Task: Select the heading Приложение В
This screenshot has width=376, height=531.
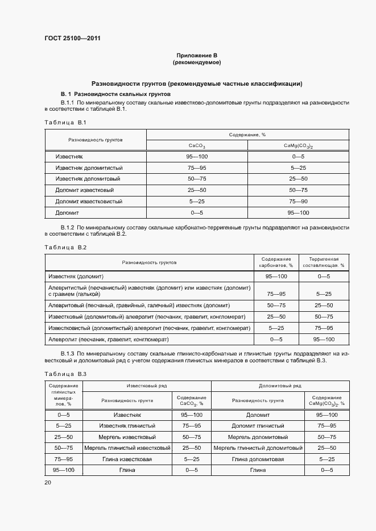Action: (x=197, y=55)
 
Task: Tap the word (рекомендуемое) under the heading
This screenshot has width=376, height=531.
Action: (x=197, y=62)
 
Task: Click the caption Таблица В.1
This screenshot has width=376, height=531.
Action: (x=64, y=123)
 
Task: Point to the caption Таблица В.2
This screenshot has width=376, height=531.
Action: (x=64, y=247)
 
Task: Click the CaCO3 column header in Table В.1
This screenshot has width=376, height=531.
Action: (x=196, y=145)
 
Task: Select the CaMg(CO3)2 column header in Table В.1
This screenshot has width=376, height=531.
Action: (x=298, y=145)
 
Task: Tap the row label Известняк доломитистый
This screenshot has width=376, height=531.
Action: (x=89, y=168)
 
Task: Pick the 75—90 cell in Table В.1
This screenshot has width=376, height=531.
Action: (x=298, y=202)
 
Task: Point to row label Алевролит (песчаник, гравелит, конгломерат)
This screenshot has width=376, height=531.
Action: (x=108, y=339)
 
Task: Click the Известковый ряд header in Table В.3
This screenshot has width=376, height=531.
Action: (x=146, y=386)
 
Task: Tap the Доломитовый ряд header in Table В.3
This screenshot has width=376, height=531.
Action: (x=280, y=386)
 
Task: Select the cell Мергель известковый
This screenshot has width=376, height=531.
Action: (x=127, y=437)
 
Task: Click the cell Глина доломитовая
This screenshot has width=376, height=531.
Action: (x=258, y=459)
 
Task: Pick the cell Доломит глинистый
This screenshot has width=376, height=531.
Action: (x=258, y=425)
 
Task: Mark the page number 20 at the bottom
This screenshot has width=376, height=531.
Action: (x=47, y=482)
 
